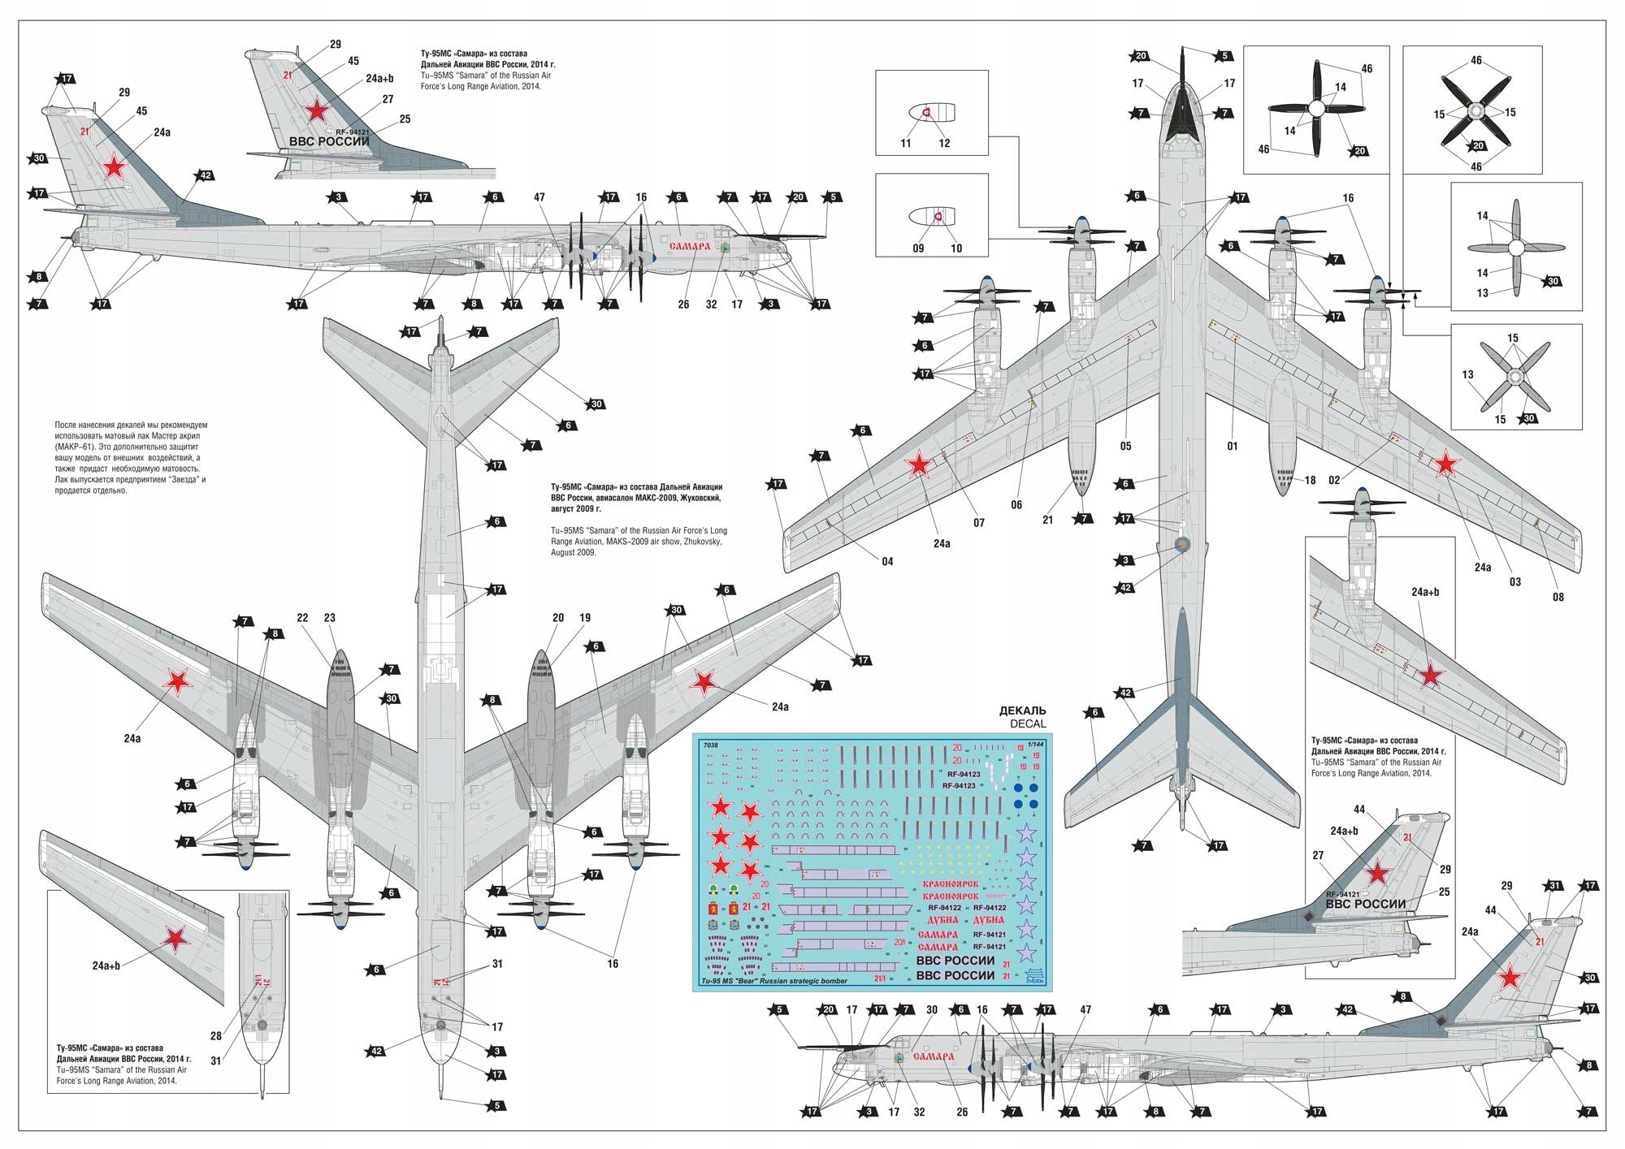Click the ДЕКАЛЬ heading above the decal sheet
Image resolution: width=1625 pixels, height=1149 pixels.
(1022, 711)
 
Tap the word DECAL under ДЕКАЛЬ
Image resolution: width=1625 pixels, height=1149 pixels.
(1027, 724)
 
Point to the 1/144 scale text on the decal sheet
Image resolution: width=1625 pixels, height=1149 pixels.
(1036, 743)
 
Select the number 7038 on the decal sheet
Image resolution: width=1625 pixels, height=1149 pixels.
(711, 745)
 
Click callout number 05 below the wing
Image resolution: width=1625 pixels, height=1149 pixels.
(1125, 446)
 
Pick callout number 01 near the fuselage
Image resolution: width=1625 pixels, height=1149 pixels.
(1232, 446)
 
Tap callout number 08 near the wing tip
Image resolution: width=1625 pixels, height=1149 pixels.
(1558, 597)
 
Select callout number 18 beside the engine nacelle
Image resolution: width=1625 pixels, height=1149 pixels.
(1310, 480)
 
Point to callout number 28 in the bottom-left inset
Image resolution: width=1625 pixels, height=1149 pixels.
(215, 1035)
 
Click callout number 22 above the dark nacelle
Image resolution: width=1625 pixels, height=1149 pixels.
(302, 618)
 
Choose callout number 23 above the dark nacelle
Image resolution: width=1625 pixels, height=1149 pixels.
(329, 618)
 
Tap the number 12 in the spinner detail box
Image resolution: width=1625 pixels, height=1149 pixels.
(944, 143)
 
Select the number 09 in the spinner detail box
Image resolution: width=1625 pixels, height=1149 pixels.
(918, 248)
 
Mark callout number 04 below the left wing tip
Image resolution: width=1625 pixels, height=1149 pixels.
(887, 561)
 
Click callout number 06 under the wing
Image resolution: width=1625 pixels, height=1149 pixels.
(1016, 504)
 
